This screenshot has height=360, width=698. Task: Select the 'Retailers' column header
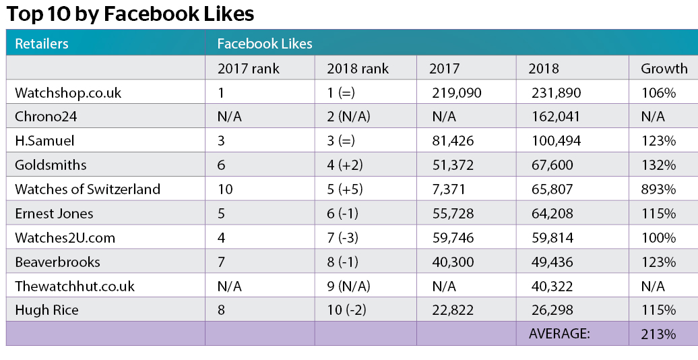42,44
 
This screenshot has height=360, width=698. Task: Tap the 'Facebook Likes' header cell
264,44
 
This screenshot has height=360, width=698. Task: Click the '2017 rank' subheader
248,68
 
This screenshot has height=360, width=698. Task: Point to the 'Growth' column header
664,68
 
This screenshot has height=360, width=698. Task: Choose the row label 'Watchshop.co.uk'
68,92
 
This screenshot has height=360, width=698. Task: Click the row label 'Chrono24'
46,117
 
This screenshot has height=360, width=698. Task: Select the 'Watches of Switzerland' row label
88,189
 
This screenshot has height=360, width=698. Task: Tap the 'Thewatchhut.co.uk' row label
75,286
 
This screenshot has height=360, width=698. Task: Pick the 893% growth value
658,189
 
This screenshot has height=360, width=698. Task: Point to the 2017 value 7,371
451,189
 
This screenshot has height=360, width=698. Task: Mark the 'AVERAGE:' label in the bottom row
559,333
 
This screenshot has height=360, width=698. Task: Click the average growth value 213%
658,333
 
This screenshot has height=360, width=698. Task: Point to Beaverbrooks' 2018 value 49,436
554,262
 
